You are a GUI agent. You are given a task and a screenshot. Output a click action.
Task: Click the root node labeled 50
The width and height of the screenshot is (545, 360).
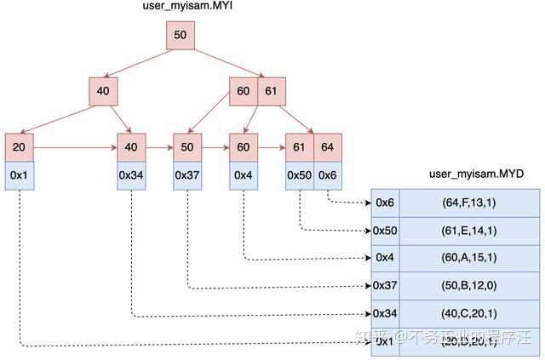click(181, 36)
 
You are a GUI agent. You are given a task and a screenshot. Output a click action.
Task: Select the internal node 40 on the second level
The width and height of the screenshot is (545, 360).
click(102, 92)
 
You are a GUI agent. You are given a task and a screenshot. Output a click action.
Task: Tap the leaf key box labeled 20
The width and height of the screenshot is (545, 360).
click(19, 147)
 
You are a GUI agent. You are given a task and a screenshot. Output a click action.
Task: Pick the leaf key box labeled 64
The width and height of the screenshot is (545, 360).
click(328, 147)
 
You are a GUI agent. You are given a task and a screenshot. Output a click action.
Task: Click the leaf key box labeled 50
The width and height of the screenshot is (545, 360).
click(186, 147)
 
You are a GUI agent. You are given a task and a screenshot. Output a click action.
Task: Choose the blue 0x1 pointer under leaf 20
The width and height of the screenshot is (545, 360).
click(19, 174)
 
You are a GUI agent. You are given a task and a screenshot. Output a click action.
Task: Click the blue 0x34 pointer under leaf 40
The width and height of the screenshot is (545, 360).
click(130, 174)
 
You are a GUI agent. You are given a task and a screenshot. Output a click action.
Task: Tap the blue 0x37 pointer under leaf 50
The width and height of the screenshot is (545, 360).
click(186, 174)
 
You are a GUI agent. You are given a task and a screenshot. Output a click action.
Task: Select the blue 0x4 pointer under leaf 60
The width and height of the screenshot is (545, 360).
click(243, 174)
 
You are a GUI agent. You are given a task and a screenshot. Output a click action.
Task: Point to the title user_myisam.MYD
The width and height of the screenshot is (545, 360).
click(476, 174)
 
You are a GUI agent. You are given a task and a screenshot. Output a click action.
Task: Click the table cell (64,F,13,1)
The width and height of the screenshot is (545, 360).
click(469, 203)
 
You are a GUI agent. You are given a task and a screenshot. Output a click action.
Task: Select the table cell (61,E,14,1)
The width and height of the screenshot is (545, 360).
click(469, 230)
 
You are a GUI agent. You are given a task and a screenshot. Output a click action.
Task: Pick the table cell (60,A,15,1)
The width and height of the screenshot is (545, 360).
click(469, 257)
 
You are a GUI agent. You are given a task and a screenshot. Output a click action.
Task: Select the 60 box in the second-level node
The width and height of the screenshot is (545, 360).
click(243, 92)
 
